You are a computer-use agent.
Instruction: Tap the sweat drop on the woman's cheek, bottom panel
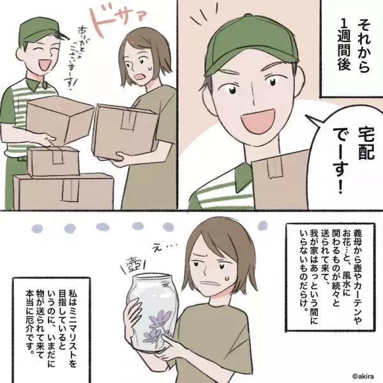225,278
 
